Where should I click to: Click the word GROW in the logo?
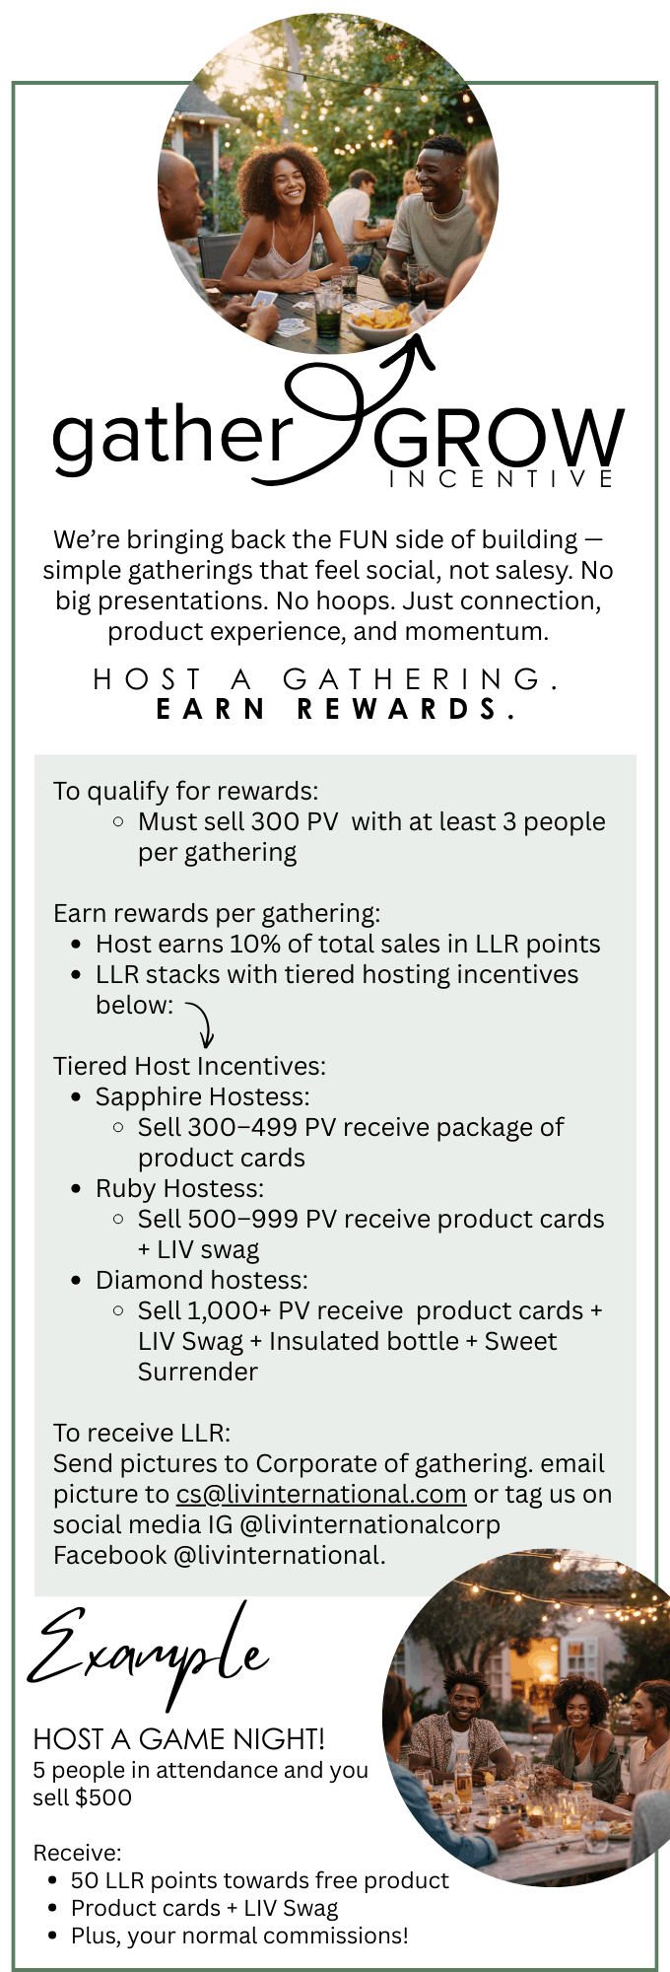click(x=498, y=438)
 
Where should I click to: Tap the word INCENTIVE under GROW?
click(x=502, y=480)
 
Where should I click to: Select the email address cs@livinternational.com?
click(x=321, y=1494)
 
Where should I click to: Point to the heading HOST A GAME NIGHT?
click(x=179, y=1738)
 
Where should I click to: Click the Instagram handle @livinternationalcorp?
click(x=369, y=1524)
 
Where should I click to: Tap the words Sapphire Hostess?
click(x=202, y=1097)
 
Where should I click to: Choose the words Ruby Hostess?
click(x=179, y=1189)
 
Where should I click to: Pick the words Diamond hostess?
click(x=202, y=1280)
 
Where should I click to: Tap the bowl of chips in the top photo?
click(x=380, y=319)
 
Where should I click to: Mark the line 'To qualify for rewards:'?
click(x=186, y=792)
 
